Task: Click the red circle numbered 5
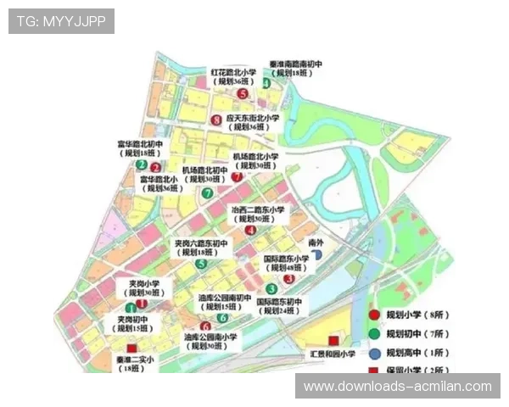243,94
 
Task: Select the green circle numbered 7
208,192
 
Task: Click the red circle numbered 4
250,230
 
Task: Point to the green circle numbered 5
201,264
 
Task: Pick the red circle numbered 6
205,326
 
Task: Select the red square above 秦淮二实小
131,348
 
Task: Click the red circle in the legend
374,315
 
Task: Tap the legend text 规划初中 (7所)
407,333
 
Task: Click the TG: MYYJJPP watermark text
61,20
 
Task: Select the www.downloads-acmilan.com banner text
397,387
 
